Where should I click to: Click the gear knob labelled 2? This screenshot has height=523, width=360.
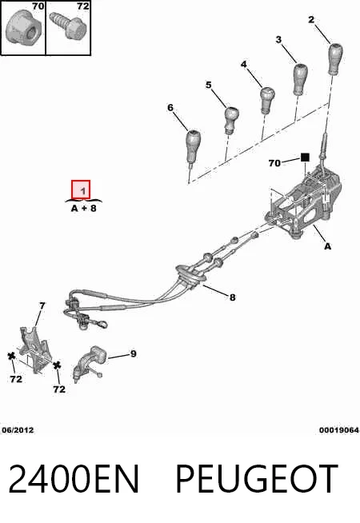336,58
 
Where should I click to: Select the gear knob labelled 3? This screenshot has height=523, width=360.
300,79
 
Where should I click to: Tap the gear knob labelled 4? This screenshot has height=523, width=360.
267,100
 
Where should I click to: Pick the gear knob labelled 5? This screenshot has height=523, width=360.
231,119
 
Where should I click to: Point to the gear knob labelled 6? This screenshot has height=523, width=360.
193,147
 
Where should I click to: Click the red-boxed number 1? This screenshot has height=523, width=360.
81,190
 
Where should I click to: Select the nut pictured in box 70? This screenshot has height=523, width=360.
23,28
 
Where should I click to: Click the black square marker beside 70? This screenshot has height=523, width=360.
305,157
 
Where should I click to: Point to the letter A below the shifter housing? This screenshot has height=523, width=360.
328,246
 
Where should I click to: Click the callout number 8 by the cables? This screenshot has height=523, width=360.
232,297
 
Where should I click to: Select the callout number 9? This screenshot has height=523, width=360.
133,353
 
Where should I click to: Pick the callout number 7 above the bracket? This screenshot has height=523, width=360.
42,305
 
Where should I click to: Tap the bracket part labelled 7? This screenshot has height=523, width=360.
34,349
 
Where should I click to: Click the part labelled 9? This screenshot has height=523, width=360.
90,364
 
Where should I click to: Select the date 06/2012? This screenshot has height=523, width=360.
18,430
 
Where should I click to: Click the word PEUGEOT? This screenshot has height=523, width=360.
257,479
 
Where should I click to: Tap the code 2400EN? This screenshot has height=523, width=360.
74,479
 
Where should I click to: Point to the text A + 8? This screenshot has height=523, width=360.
84,208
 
